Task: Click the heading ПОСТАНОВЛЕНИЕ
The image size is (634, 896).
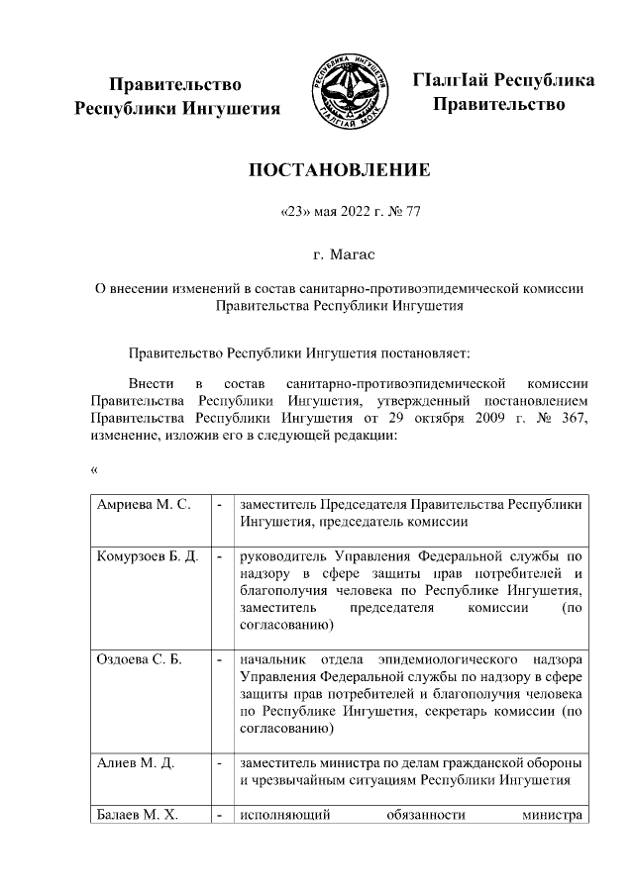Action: [x=339, y=170]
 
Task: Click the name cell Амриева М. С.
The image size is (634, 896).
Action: [x=143, y=505]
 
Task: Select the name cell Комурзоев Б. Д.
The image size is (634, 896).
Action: [x=149, y=558]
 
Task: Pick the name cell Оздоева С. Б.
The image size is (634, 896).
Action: [x=140, y=660]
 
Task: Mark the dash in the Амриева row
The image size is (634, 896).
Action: [x=219, y=505]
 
